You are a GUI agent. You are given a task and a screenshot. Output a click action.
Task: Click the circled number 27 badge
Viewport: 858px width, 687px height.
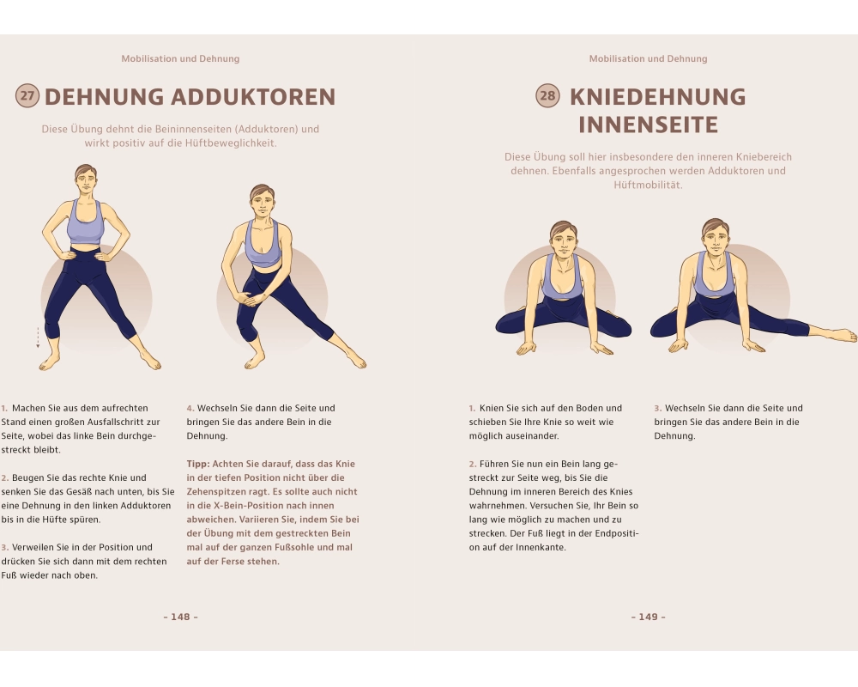pyautogui.click(x=27, y=96)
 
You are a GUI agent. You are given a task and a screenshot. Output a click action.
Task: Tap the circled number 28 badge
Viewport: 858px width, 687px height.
pyautogui.click(x=547, y=96)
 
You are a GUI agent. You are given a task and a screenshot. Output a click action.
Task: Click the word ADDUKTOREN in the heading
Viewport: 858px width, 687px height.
pyautogui.click(x=253, y=97)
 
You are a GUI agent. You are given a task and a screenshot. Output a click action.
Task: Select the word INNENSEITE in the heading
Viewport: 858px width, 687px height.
pyautogui.click(x=648, y=125)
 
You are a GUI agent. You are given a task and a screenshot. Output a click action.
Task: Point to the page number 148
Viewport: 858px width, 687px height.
pyautogui.click(x=180, y=617)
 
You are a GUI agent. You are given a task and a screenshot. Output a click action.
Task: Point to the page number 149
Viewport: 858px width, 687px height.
pyautogui.click(x=649, y=617)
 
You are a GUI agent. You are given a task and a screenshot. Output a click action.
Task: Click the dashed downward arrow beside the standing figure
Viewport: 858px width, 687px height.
pyautogui.click(x=38, y=338)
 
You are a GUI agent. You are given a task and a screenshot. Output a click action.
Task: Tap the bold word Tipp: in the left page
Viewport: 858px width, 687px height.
pyautogui.click(x=198, y=464)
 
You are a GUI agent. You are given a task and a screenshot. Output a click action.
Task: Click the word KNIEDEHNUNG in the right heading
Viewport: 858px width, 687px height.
pyautogui.click(x=658, y=97)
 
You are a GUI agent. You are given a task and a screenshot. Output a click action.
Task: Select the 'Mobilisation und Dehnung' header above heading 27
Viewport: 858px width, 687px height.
pyautogui.click(x=180, y=58)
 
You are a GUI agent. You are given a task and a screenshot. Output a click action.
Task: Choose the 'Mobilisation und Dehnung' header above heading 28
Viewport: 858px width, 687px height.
pyautogui.click(x=649, y=58)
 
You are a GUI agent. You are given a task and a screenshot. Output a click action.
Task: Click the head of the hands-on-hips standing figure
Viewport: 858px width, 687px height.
pyautogui.click(x=85, y=180)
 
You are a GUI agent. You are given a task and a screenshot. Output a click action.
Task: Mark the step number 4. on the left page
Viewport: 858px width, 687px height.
pyautogui.click(x=190, y=408)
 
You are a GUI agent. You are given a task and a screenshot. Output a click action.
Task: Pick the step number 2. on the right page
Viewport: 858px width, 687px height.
pyautogui.click(x=473, y=464)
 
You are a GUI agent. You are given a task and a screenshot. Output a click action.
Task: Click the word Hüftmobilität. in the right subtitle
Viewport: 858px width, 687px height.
pyautogui.click(x=648, y=185)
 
